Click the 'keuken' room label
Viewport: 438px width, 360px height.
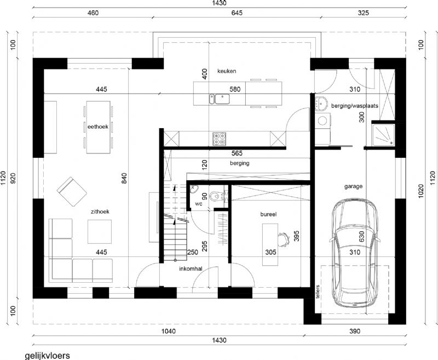point(227,71)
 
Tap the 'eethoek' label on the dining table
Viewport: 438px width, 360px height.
point(98,127)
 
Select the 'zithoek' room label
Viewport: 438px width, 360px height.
point(100,212)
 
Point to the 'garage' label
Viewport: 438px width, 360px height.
point(353,186)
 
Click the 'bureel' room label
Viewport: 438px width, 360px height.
point(268,214)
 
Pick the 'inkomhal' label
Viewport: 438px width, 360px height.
point(191,269)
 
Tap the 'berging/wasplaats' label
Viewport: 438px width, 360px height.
point(355,106)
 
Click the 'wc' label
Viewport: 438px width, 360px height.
point(199,204)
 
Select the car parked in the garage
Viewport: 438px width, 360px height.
point(354,253)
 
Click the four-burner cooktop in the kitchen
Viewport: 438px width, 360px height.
point(220,139)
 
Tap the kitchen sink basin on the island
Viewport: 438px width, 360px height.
point(222,99)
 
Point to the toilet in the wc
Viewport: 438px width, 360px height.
point(216,196)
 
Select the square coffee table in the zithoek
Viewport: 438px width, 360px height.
point(100,232)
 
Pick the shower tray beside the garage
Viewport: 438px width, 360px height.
point(383,135)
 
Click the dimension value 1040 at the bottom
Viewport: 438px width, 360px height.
point(169,331)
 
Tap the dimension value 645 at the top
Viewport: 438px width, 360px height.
point(237,13)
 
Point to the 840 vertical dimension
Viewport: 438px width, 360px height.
point(124,179)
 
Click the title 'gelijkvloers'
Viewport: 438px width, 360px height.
point(48,356)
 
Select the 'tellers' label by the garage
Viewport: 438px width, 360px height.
point(318,292)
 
